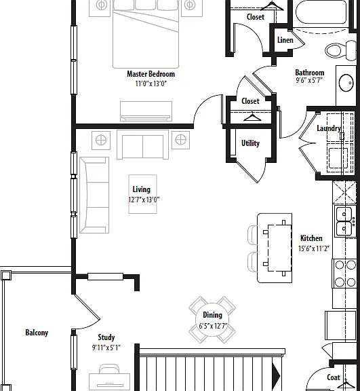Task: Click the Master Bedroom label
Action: click(x=151, y=74)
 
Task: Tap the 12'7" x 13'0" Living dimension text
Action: click(x=144, y=200)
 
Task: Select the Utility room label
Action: click(x=250, y=143)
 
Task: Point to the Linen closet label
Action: click(x=285, y=40)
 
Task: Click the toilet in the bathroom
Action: click(x=340, y=50)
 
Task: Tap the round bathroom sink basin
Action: click(x=346, y=83)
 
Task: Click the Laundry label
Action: click(x=329, y=128)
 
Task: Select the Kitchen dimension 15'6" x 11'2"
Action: click(x=314, y=248)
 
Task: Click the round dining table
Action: click(x=212, y=320)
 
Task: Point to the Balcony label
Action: click(x=37, y=333)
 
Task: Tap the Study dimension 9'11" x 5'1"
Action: click(x=106, y=348)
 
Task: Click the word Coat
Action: click(x=334, y=377)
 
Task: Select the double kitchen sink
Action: click(x=344, y=221)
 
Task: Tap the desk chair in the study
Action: click(x=109, y=369)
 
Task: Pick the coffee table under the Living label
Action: click(x=142, y=194)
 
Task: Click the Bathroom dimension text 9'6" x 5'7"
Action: click(x=309, y=80)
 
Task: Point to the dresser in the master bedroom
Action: click(x=146, y=111)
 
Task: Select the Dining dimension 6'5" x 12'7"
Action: click(x=213, y=326)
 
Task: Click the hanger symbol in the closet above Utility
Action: click(x=252, y=117)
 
